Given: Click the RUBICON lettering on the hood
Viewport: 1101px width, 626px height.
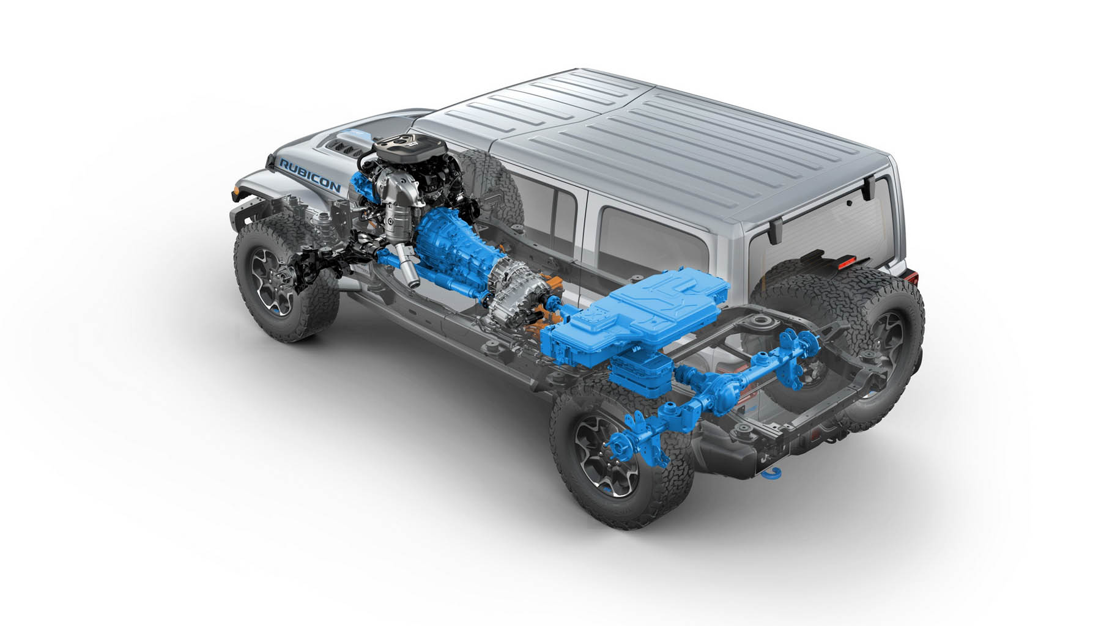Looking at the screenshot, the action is [311, 174].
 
